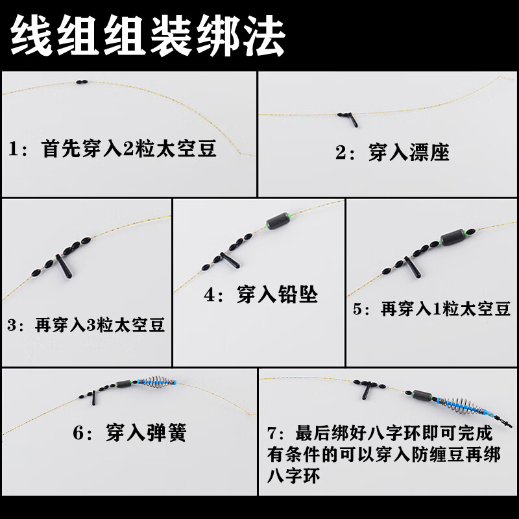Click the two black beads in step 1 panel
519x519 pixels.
click(80, 82)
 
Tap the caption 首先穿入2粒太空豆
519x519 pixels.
click(128, 150)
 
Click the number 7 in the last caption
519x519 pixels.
click(274, 433)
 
